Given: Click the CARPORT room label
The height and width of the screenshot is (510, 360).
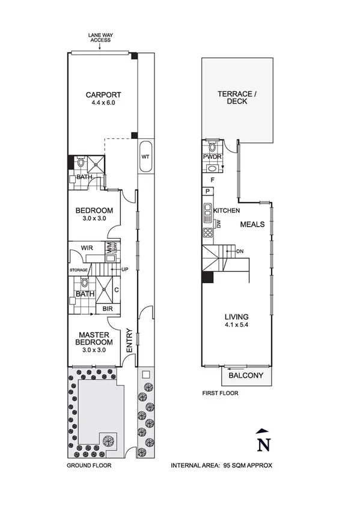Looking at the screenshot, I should click(x=103, y=94).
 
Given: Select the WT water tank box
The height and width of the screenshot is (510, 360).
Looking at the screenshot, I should click(x=145, y=156).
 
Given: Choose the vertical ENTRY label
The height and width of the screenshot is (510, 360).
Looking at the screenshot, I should click(x=129, y=340).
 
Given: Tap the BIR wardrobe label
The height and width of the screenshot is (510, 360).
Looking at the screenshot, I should click(x=108, y=309).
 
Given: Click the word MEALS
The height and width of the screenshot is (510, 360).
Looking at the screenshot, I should click(x=253, y=224).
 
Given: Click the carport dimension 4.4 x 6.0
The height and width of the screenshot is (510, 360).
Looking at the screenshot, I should click(x=103, y=103).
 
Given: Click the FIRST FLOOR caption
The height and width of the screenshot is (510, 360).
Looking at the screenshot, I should click(x=220, y=394).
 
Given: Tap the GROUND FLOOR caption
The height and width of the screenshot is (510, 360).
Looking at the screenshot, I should click(x=89, y=465).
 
